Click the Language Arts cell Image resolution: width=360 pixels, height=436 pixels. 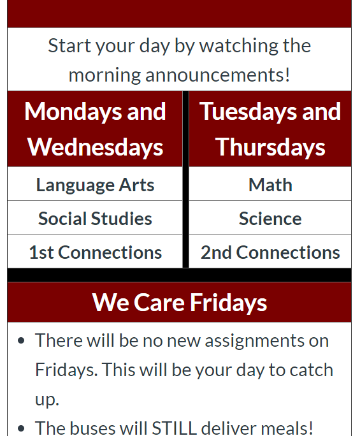(x=95, y=184)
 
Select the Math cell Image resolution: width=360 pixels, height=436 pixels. (x=270, y=184)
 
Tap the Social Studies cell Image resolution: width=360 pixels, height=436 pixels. (x=95, y=218)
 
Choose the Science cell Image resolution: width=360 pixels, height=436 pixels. (x=270, y=218)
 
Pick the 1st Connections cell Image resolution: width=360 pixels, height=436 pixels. (x=95, y=252)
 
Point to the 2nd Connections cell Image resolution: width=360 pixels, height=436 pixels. (x=270, y=252)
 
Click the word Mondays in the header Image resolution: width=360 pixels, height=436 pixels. (x=73, y=112)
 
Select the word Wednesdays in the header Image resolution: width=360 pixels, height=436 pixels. (x=95, y=148)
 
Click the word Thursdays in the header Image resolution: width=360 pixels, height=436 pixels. (x=270, y=148)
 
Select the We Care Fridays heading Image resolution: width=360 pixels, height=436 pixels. (x=180, y=303)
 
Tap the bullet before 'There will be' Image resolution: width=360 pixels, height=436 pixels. (x=21, y=340)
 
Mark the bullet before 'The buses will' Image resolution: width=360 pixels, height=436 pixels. (x=21, y=428)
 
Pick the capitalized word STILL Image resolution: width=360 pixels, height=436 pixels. (x=174, y=428)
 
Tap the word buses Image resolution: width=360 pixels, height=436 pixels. (x=93, y=428)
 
